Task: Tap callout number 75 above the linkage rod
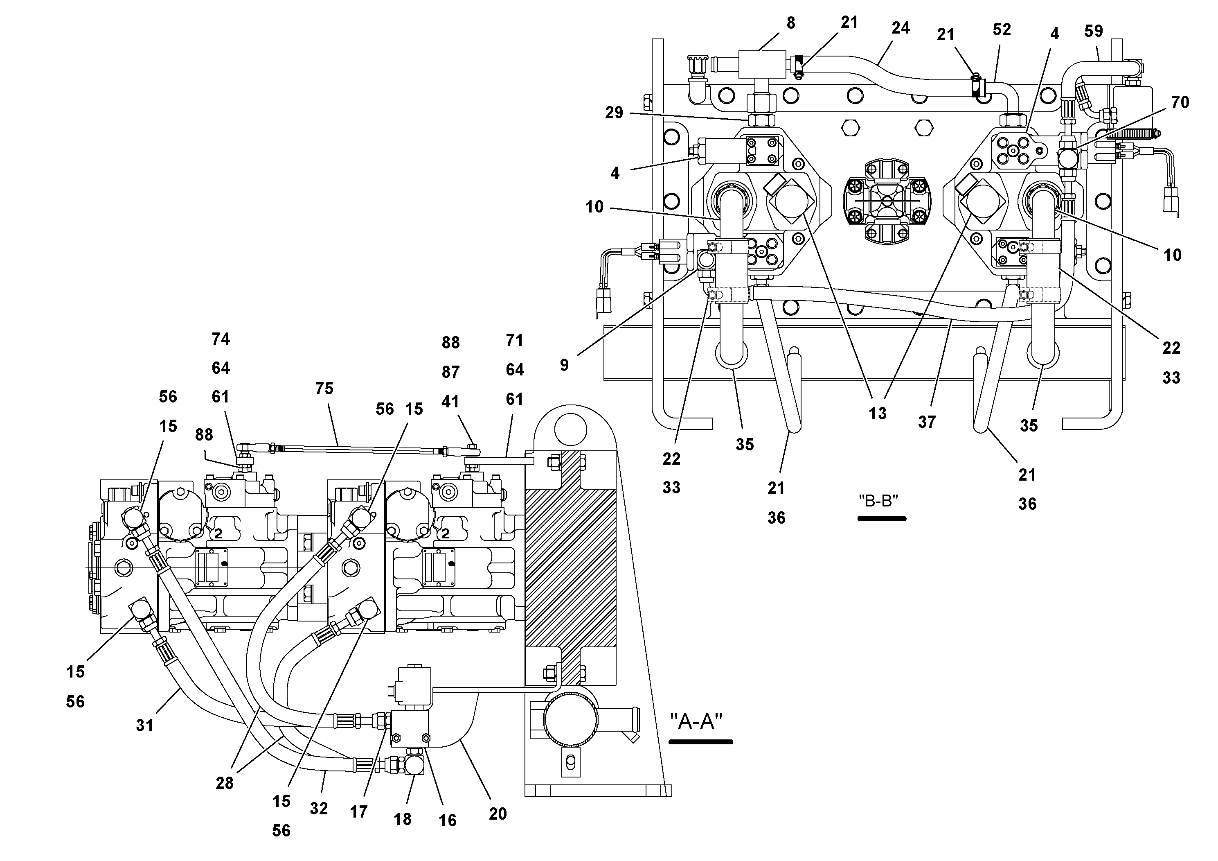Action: (x=324, y=389)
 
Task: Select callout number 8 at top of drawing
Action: (x=791, y=23)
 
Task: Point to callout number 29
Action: (x=614, y=113)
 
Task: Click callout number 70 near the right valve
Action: (x=1180, y=102)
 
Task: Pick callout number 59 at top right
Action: (x=1093, y=31)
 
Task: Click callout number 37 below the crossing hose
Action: (x=927, y=422)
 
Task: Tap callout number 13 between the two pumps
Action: (x=878, y=414)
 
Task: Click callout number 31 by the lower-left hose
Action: (x=144, y=725)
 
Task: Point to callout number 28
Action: (x=224, y=783)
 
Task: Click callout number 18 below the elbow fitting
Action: (x=403, y=819)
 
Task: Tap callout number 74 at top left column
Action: (x=221, y=339)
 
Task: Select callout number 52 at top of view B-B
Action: (x=1002, y=30)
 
